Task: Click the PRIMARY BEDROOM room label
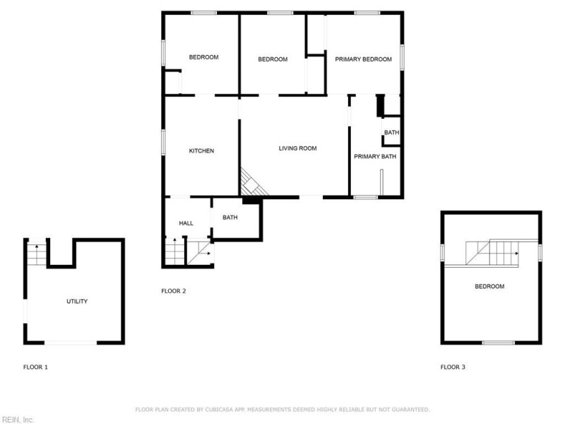[x=363, y=59]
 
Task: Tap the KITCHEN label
[x=201, y=151]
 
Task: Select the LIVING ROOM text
[x=297, y=148]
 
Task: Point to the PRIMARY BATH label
[x=375, y=156]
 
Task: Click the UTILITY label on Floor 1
[x=77, y=302]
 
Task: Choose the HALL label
[x=186, y=223]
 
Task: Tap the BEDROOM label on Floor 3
[x=489, y=286]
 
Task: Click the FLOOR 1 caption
[x=36, y=367]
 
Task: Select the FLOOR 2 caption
[x=174, y=291]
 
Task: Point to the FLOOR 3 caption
[x=453, y=367]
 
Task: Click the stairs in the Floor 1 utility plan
[x=35, y=252]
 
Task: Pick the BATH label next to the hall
[x=230, y=217]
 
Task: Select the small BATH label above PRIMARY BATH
[x=391, y=133]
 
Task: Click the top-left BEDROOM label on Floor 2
[x=203, y=57]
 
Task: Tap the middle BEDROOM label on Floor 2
[x=273, y=59]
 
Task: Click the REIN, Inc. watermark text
[x=17, y=419]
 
